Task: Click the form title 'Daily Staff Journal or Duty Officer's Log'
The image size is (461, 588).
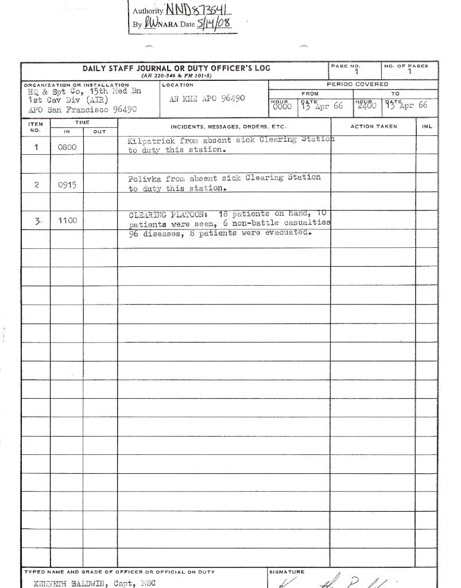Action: click(x=176, y=68)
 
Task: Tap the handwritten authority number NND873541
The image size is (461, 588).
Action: click(x=199, y=10)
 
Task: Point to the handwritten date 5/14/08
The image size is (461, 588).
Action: click(x=214, y=24)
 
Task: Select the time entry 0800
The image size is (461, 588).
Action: click(x=67, y=147)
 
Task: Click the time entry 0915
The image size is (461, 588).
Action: click(x=67, y=185)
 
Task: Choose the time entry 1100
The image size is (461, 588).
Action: click(x=67, y=220)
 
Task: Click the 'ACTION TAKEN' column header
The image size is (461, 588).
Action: click(x=373, y=126)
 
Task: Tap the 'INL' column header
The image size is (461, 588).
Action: click(x=427, y=126)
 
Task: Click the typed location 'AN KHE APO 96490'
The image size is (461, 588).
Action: click(x=208, y=98)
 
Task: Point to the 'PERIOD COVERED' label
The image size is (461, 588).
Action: click(x=357, y=84)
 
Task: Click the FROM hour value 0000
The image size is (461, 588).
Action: click(x=282, y=107)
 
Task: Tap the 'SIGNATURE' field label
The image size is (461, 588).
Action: click(x=286, y=572)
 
